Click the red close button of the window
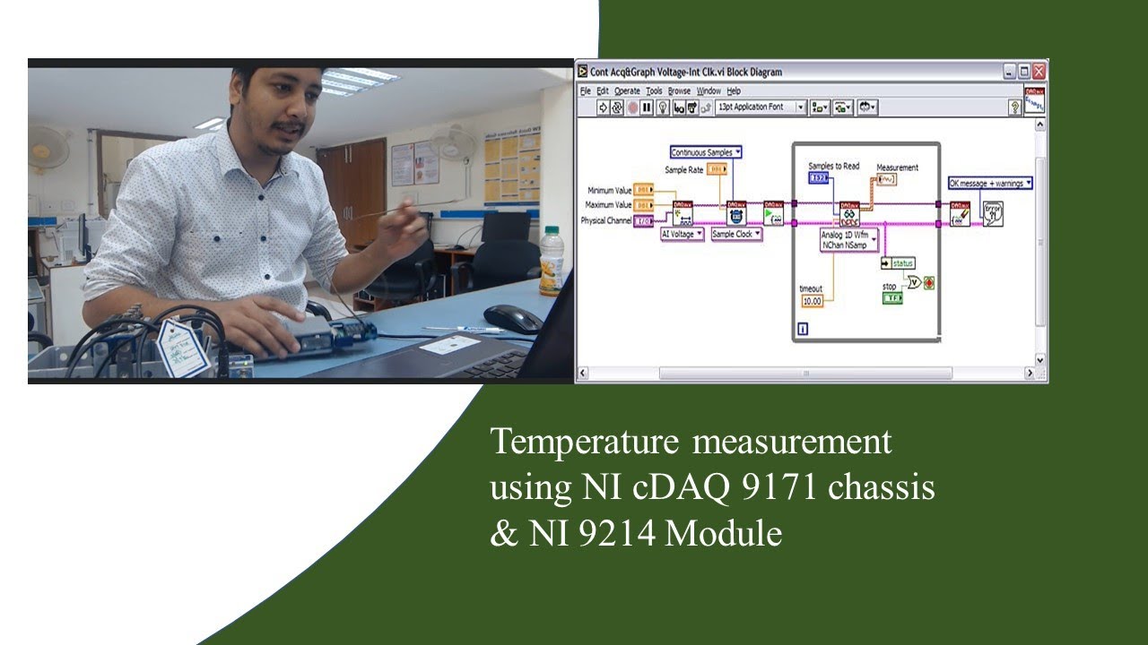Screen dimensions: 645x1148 1039,72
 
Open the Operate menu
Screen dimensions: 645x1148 627,90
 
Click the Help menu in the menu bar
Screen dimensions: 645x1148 734,90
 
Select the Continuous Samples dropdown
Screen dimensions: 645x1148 706,152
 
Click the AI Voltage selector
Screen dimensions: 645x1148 682,234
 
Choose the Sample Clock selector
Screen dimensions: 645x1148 736,234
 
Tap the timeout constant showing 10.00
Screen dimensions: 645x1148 812,301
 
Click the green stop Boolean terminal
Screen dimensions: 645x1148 892,297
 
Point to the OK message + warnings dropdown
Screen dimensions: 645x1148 990,183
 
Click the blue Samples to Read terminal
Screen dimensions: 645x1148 819,178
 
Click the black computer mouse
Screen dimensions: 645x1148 512,318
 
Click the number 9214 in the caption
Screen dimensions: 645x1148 624,534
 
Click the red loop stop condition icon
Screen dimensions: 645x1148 929,283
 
